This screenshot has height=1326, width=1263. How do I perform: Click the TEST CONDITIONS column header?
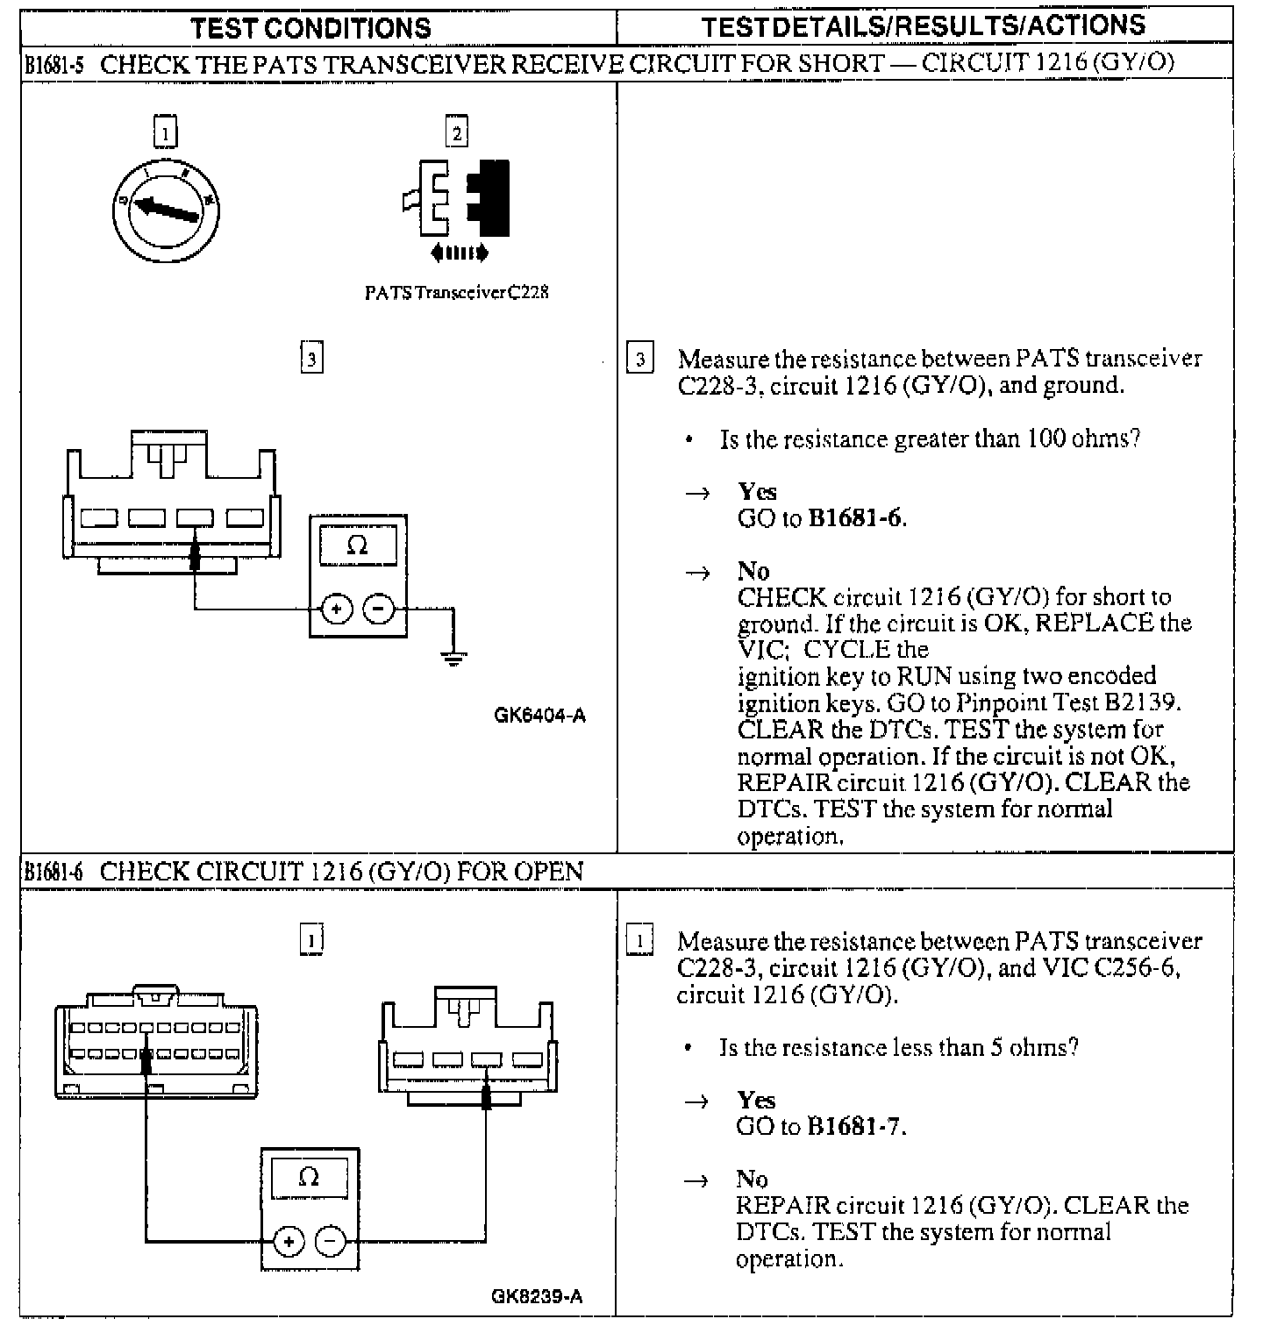tap(311, 27)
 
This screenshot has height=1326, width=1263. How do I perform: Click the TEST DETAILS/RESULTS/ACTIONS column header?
tap(924, 25)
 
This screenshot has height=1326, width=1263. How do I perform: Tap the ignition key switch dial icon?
tap(166, 210)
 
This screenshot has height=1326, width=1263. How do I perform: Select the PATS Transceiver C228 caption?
tap(456, 293)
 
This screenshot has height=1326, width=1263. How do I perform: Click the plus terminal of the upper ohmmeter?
tap(337, 608)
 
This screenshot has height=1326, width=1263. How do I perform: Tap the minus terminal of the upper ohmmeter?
tap(379, 608)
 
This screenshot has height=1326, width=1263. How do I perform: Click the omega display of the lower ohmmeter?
tap(310, 1178)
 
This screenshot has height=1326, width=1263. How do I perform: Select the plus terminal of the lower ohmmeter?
tap(289, 1241)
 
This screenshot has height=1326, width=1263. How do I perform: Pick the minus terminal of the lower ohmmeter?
tap(331, 1241)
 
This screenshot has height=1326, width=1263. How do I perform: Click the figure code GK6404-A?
tap(539, 716)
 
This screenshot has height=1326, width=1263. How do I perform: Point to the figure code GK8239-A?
tap(537, 1296)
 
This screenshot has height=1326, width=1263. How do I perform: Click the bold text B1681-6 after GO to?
tap(854, 518)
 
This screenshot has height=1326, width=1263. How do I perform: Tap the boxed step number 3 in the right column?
tap(639, 359)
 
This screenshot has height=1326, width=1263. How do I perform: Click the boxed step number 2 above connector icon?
tap(456, 133)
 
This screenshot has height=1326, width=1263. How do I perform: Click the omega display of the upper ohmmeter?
tap(358, 546)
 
